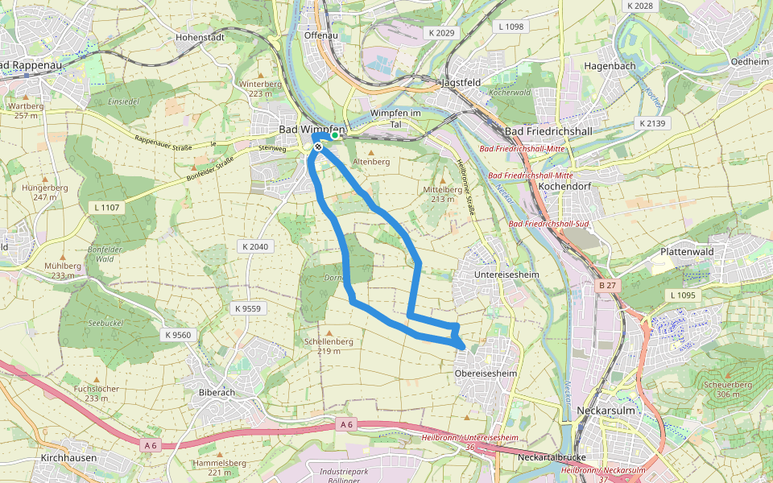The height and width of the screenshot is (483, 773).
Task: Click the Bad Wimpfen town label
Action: pos(312,130)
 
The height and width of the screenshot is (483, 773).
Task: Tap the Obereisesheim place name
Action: pos(484,374)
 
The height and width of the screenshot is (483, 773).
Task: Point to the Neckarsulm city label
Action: pos(607,411)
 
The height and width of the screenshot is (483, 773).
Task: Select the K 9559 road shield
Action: pos(247,308)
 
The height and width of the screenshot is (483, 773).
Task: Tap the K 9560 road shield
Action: pos(178,335)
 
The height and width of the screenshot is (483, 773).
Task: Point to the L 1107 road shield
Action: pos(105,208)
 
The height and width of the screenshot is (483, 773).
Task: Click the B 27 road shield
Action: pos(609,285)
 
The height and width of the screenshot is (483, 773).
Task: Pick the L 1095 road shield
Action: pos(681,295)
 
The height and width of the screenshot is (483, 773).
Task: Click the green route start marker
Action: pos(335,136)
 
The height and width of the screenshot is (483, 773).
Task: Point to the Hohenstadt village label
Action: pos(200,37)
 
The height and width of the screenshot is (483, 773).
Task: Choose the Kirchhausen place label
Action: pos(68,458)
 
